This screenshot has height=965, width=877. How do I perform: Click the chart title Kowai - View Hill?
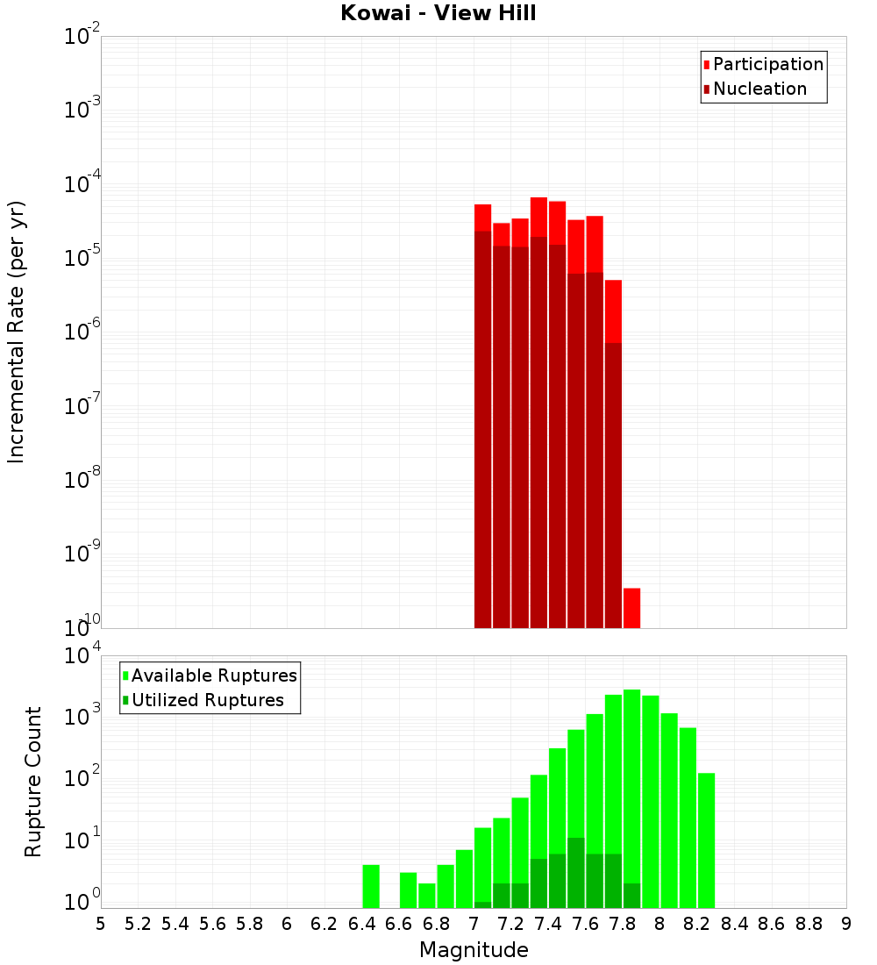438,13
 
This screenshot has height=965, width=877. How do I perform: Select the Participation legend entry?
767,64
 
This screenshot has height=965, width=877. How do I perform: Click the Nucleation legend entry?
759,89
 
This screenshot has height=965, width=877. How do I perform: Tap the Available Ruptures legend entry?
213,675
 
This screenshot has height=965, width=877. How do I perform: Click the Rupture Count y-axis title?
33,782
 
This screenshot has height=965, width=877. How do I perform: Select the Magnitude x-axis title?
474,950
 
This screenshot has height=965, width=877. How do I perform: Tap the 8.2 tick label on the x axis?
697,924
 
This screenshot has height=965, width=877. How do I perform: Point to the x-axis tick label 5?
101,924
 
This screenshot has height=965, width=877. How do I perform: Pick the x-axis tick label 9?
846,924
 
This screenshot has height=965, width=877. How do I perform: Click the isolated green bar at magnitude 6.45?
371,886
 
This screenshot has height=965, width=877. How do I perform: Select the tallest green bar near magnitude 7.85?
632,790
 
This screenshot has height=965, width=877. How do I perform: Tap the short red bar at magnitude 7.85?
632,607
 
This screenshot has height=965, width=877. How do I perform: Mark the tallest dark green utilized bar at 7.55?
576,872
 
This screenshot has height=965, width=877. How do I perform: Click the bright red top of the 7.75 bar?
614,311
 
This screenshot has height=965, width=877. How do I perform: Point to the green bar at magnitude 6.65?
409,890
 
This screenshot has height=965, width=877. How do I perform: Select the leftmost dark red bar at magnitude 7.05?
483,430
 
